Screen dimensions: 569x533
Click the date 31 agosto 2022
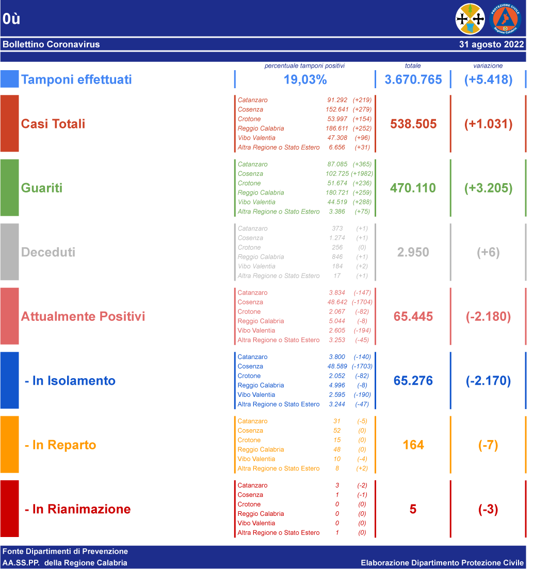492,44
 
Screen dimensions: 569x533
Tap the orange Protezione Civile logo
505,19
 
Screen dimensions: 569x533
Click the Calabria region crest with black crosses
470,19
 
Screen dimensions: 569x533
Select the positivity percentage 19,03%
305,79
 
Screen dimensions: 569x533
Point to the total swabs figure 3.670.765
413,79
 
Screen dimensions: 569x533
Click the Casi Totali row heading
53,124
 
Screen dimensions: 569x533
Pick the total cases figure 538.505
413,124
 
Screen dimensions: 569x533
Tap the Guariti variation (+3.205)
488,188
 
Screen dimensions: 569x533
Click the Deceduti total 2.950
413,252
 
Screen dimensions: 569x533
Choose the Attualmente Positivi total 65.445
413,316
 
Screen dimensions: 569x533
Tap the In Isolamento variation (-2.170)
488,381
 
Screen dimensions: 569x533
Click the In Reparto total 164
413,445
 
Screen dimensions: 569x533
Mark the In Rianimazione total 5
413,509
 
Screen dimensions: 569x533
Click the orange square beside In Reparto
9,445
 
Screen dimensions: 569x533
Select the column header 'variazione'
488,66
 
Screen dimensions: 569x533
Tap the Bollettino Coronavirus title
51,44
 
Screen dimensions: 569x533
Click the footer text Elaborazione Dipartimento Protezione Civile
442,563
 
